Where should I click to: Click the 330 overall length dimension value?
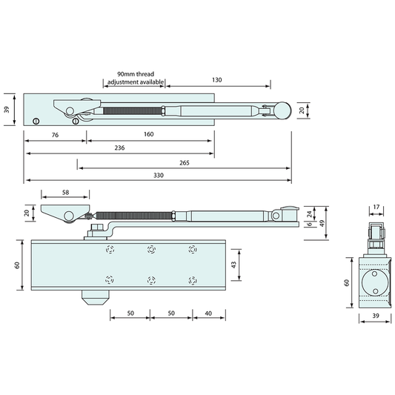[159, 175]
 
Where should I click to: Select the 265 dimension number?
[185, 163]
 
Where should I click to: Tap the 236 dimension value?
[119, 147]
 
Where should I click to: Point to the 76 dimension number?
[55, 135]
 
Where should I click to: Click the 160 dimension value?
[149, 134]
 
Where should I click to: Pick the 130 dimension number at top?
[216, 80]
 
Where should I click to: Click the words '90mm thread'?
[136, 74]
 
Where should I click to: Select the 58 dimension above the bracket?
[65, 193]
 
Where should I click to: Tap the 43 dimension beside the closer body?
[233, 265]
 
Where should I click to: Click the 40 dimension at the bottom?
[208, 313]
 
